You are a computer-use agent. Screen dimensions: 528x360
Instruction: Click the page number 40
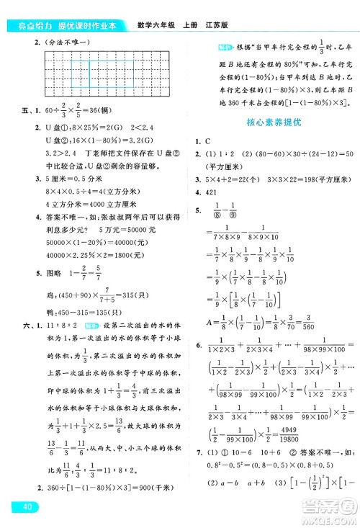(29, 509)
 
